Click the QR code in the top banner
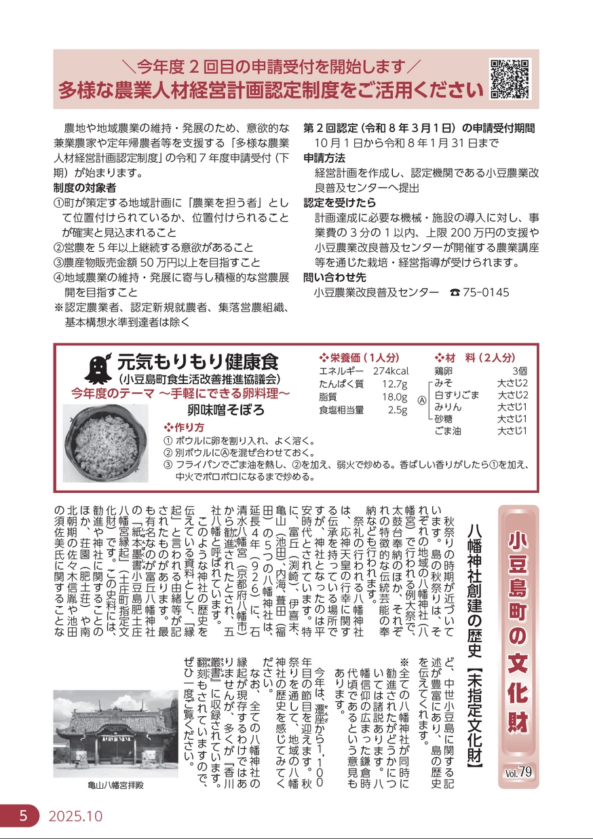(508, 78)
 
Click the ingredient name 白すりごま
(457, 395)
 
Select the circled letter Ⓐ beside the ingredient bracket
(422, 401)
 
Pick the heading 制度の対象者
(84, 187)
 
